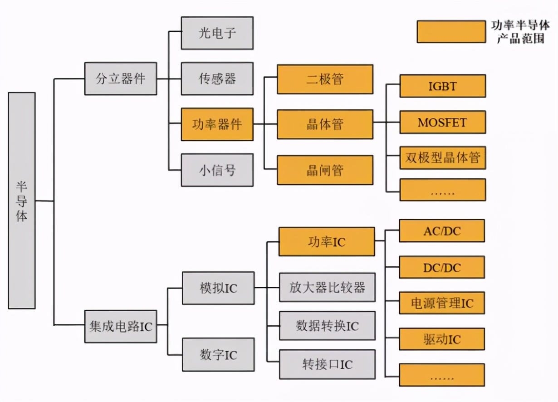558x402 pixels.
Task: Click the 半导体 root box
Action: click(22, 201)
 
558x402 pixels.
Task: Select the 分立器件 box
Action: click(121, 78)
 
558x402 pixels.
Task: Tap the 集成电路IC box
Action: click(121, 326)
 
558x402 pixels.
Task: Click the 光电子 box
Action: click(217, 33)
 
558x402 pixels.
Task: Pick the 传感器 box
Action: click(217, 78)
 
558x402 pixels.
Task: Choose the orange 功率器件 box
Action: click(217, 124)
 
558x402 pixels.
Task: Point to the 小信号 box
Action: click(217, 170)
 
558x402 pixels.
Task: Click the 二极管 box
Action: click(325, 79)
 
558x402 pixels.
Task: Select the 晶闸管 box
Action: click(325, 170)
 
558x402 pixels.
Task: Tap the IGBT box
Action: click(442, 86)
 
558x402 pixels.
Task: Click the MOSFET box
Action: click(442, 122)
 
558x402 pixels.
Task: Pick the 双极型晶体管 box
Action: click(442, 158)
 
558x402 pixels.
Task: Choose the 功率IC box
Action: click(327, 242)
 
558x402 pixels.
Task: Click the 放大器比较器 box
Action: click(327, 287)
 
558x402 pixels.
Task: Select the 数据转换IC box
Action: click(327, 326)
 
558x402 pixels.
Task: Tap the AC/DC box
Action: click(442, 231)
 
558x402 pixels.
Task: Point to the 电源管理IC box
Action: click(442, 303)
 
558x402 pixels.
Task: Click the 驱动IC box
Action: click(442, 339)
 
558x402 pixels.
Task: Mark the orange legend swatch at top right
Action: click(451, 32)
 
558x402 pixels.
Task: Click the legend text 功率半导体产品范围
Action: click(520, 32)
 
